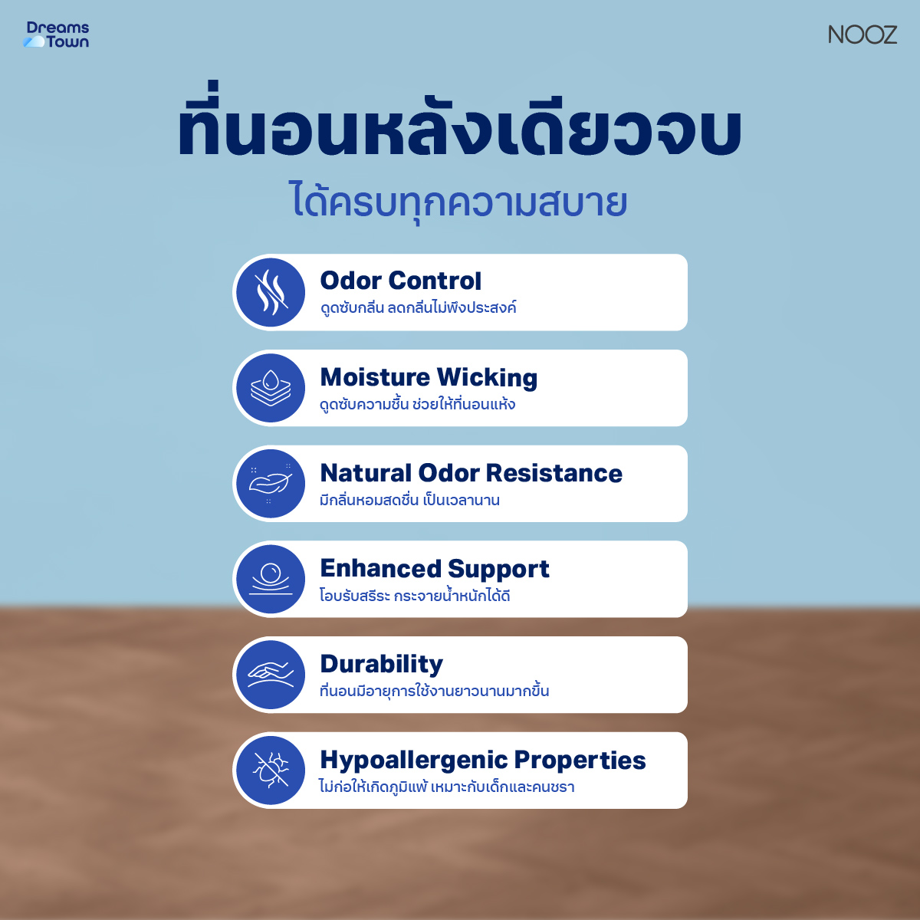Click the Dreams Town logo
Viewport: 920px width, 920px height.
(57, 34)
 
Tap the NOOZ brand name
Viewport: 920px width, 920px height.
(862, 34)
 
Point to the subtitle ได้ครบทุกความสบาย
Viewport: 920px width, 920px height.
(459, 202)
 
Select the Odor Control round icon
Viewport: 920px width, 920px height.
(271, 292)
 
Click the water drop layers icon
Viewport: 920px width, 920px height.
(271, 388)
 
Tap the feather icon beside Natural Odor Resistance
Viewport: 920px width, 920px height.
(271, 484)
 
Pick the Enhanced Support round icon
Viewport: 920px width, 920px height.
(271, 579)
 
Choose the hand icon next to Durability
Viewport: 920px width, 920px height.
(271, 675)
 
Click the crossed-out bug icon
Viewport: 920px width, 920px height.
(271, 770)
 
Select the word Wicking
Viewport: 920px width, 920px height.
(487, 377)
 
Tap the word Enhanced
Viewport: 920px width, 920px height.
(380, 568)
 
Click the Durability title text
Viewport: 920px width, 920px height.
(381, 664)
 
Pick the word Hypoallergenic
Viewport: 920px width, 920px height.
(413, 760)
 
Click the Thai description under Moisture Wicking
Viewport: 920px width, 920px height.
(417, 403)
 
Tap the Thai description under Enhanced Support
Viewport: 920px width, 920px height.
(415, 595)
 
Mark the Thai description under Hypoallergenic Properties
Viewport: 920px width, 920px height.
(446, 787)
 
